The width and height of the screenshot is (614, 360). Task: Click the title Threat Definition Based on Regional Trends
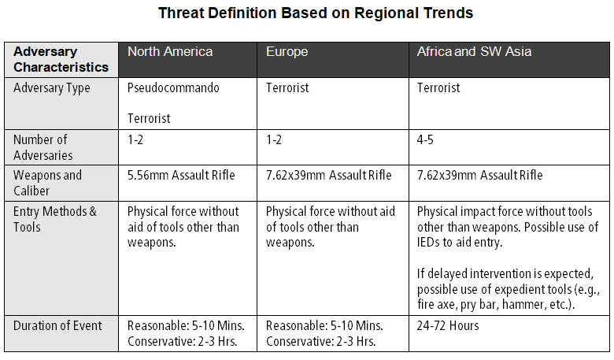316,13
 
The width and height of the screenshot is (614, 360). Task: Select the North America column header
170,52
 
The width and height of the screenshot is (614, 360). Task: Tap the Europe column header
287,52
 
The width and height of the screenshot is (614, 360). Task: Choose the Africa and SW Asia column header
474,52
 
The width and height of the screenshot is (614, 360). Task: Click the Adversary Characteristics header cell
61,59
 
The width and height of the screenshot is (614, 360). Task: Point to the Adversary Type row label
52,88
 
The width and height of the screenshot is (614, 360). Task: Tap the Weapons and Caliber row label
48,183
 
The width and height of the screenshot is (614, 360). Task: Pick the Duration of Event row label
57,325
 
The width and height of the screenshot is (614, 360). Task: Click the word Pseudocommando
173,88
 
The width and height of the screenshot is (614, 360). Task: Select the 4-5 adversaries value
426,139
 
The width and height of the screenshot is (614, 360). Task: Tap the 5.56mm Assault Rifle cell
187,176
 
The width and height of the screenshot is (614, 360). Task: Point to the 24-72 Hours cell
447,325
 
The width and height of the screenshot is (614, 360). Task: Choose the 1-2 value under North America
136,139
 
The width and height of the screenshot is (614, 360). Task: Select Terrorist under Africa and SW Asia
438,88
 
